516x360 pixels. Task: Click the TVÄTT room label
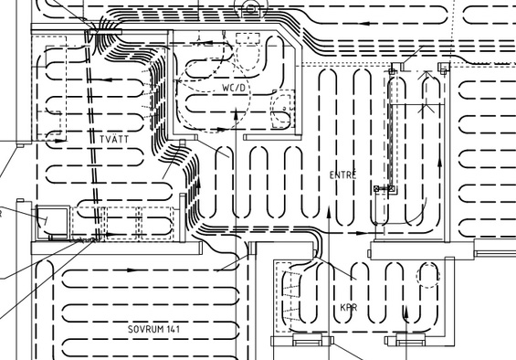[114, 139]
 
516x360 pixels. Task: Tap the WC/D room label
[234, 88]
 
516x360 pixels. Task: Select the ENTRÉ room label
[342, 175]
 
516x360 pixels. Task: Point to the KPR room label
[349, 308]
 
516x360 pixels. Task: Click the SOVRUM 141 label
[153, 329]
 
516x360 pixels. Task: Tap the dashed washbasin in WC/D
[282, 109]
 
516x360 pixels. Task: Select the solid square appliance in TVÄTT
[53, 223]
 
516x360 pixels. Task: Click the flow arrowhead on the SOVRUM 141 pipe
[132, 270]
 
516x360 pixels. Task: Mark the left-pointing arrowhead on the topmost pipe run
[363, 24]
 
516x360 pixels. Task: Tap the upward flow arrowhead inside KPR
[406, 312]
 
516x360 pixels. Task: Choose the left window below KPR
[308, 340]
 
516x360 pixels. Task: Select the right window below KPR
[410, 340]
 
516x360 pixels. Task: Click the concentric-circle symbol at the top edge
[251, 8]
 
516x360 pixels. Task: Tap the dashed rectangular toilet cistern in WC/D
[247, 38]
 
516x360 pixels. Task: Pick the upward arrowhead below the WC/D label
[236, 114]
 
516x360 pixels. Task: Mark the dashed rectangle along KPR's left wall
[283, 297]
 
